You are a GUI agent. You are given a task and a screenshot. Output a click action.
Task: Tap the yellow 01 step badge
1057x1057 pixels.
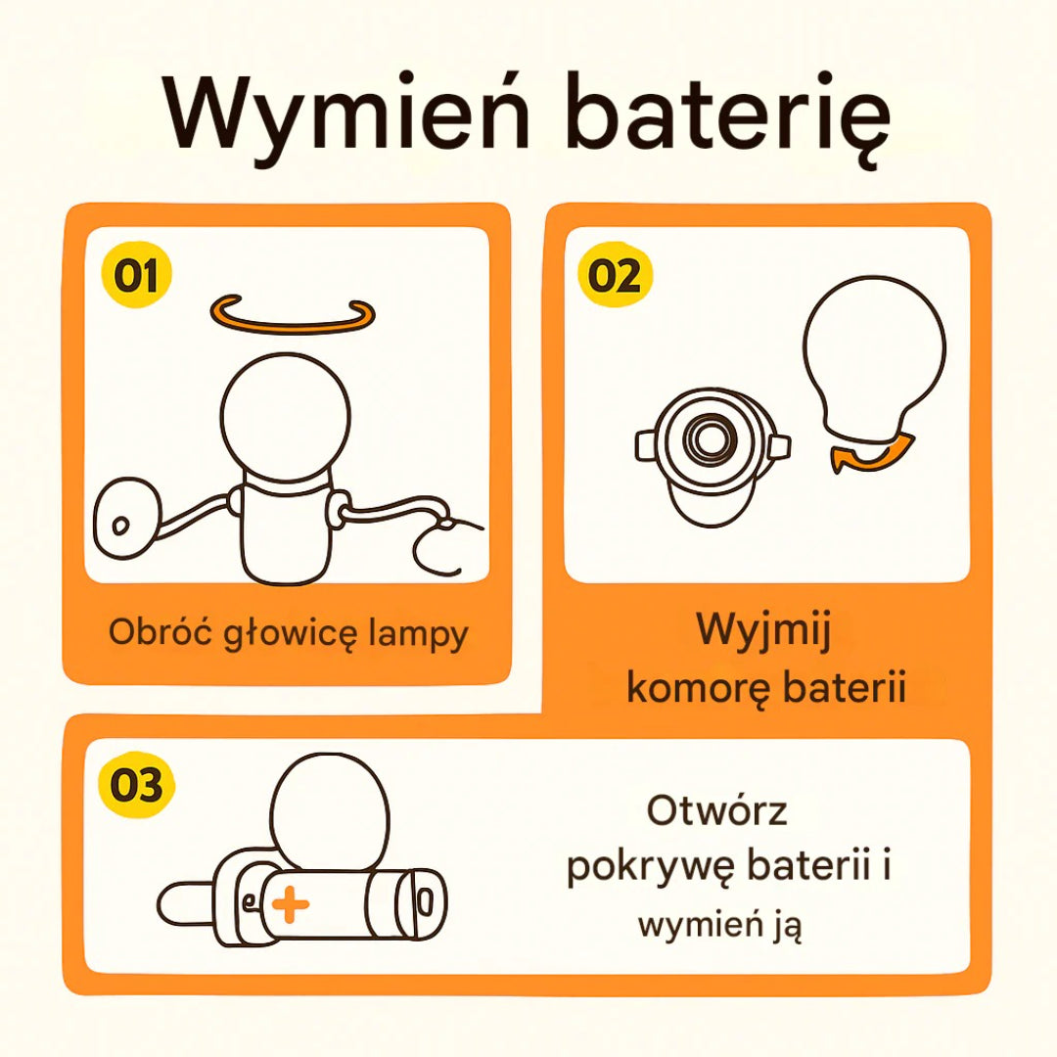pyautogui.click(x=136, y=274)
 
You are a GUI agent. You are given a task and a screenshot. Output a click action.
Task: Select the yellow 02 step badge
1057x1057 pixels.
pyautogui.click(x=616, y=274)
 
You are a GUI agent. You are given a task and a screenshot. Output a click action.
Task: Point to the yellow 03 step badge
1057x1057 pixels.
pyautogui.click(x=137, y=785)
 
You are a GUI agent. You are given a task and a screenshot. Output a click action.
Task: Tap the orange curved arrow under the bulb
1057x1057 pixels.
pyautogui.click(x=871, y=453)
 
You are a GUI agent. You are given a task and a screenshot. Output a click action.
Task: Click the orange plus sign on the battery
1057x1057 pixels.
pyautogui.click(x=290, y=904)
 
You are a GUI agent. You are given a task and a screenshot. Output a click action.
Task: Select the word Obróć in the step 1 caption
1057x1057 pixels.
pyautogui.click(x=161, y=632)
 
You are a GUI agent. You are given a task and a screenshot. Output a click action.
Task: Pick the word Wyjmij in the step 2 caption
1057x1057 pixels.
pyautogui.click(x=763, y=631)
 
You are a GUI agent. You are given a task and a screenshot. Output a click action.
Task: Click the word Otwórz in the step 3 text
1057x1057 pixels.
pyautogui.click(x=716, y=809)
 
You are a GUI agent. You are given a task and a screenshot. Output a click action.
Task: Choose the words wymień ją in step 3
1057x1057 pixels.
pyautogui.click(x=720, y=926)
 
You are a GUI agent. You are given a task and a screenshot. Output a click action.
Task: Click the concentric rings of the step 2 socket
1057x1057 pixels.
pyautogui.click(x=708, y=439)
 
